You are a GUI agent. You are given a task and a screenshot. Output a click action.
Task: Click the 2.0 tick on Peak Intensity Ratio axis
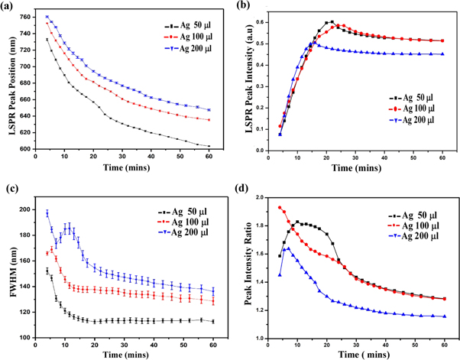[x=267, y=197]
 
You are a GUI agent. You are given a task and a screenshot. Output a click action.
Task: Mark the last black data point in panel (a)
[x=209, y=146]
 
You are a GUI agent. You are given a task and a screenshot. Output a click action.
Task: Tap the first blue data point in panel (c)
[x=47, y=212]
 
